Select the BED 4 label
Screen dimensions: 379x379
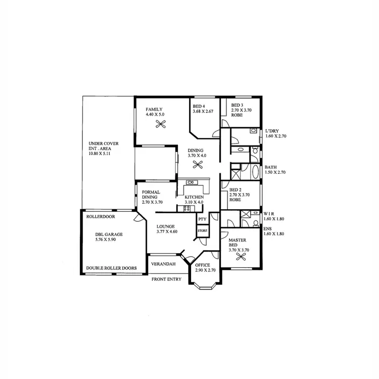tap(199, 106)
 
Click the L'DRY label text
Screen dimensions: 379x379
tap(272, 131)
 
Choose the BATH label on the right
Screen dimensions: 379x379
tap(271, 167)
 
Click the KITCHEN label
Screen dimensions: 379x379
tap(194, 197)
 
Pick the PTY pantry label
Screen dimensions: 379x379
tap(202, 219)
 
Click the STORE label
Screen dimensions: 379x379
tap(202, 231)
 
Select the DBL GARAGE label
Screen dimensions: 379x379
tap(109, 234)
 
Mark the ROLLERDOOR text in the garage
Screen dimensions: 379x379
tap(101, 216)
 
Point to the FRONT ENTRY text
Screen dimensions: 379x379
tap(166, 279)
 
